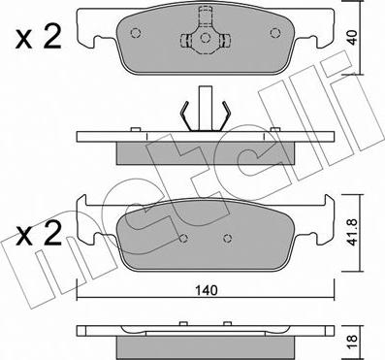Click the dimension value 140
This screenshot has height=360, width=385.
click(x=207, y=290)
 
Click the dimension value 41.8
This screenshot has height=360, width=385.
click(x=353, y=232)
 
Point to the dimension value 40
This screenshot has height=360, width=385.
click(x=353, y=38)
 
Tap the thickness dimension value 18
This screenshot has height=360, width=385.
click(x=353, y=339)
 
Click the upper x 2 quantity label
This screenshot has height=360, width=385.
click(x=39, y=38)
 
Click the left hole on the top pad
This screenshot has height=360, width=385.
click(x=136, y=33)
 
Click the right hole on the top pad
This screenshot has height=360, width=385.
click(x=275, y=33)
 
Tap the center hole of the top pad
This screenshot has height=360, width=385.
click(x=205, y=38)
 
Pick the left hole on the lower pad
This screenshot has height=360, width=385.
click(x=183, y=239)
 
